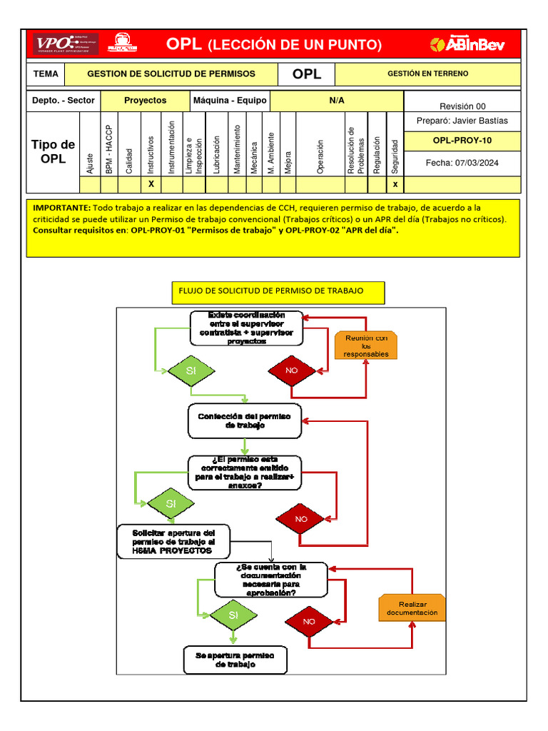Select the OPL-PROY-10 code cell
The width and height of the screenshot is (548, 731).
[x=462, y=141]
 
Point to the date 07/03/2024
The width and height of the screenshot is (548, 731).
[x=462, y=163]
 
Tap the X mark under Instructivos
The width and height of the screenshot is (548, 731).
[x=151, y=184]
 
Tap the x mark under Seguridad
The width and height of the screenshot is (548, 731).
[x=395, y=184]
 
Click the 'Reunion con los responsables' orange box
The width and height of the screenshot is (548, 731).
[x=366, y=346]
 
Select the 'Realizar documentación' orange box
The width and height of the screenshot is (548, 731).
[x=412, y=608]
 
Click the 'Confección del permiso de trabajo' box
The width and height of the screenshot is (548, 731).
[x=245, y=420]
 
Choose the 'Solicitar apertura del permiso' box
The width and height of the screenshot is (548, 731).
[x=173, y=541]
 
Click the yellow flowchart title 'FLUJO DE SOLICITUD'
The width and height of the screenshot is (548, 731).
[x=278, y=291]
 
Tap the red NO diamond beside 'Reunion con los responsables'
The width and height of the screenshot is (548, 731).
[x=291, y=371]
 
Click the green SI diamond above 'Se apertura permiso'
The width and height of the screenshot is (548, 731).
[x=233, y=615]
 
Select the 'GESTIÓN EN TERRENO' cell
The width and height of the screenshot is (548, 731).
[x=427, y=74]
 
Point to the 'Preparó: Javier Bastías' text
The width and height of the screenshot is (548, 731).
[x=462, y=121]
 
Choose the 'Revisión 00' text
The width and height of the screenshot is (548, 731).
[x=462, y=106]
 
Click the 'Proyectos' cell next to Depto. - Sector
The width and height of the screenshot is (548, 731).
[x=145, y=101]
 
